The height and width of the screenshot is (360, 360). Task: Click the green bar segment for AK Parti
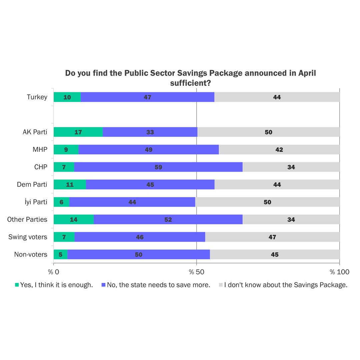pos(78,132)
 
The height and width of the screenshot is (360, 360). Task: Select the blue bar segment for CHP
pos(158,167)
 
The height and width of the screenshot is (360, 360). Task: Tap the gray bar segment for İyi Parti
pos(267,202)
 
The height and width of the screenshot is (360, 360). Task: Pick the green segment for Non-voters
pos(60,254)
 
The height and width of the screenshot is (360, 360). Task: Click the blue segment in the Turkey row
pos(147,97)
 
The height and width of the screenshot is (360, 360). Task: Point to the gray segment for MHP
pos(279,150)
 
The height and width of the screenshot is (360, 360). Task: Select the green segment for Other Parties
pos(74,219)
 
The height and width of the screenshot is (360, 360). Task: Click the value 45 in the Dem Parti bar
pos(150,184)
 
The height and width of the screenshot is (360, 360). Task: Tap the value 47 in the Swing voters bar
pos(272,237)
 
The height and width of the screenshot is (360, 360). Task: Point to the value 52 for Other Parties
pos(168,219)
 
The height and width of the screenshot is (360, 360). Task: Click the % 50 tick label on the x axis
pos(196,272)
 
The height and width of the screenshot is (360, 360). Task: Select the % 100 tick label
pos(339,272)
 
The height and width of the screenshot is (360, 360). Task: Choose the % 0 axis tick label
pos(53,272)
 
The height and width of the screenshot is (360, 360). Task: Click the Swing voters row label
pos(28,237)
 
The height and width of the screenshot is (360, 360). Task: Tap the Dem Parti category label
pos(32,184)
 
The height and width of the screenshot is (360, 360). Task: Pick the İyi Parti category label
pos(36,202)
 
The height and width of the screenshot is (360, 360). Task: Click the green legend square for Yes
pos(17,285)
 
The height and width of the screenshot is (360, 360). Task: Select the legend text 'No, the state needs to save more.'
pos(158,285)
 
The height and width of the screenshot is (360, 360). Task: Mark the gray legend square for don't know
pos(221,285)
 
